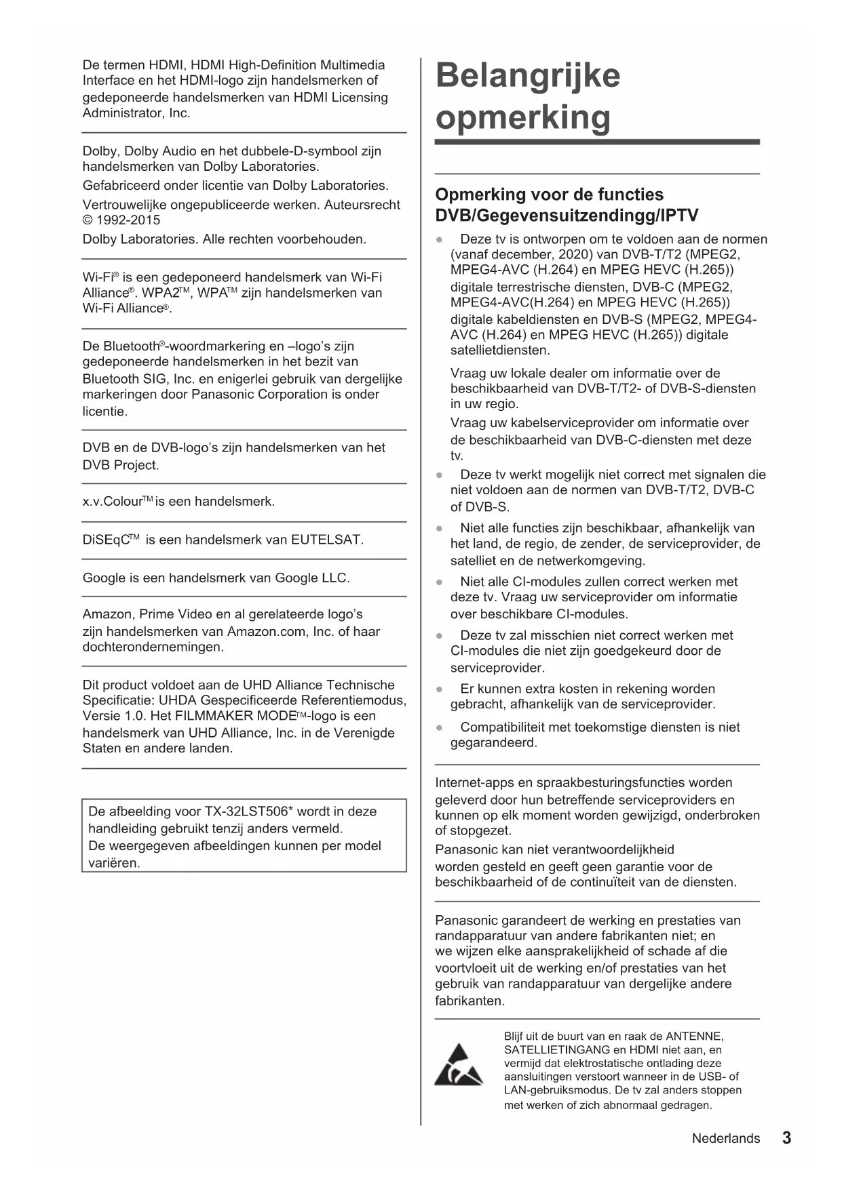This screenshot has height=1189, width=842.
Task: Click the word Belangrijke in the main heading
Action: tap(528, 75)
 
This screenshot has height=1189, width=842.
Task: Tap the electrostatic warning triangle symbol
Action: tap(459, 1066)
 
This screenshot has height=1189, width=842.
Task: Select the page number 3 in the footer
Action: tap(786, 1138)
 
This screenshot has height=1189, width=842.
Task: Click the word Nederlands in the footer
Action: tap(725, 1139)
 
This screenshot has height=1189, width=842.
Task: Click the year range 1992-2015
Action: tap(128, 220)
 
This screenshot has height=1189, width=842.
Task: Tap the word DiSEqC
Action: tap(106, 540)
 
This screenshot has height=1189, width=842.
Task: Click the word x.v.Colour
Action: tap(112, 502)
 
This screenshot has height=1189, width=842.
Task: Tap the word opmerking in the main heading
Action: tap(523, 117)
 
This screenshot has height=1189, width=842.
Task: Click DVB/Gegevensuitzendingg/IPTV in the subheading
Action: tap(567, 216)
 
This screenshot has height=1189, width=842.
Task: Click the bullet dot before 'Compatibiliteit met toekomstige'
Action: tap(440, 727)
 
